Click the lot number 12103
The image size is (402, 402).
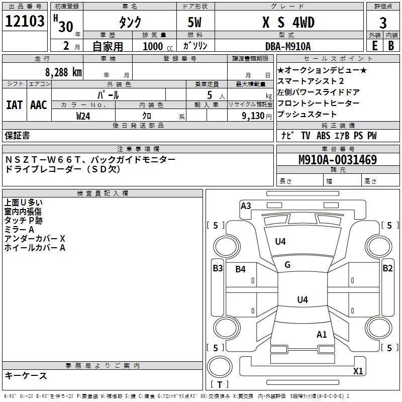25,22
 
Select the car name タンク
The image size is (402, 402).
130,22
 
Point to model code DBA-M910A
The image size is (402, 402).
288,46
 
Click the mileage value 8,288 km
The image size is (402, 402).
63,72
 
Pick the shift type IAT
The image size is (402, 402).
14,105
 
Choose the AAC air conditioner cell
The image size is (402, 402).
39,105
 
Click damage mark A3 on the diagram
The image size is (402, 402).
246,206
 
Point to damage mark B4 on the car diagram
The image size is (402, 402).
241,269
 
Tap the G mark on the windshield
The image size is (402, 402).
287,265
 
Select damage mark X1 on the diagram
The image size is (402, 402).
358,371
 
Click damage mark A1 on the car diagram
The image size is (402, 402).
322,334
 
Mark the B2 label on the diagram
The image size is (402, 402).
387,268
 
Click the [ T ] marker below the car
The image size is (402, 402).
221,385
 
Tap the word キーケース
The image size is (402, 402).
26,376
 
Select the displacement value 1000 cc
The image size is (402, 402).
157,46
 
